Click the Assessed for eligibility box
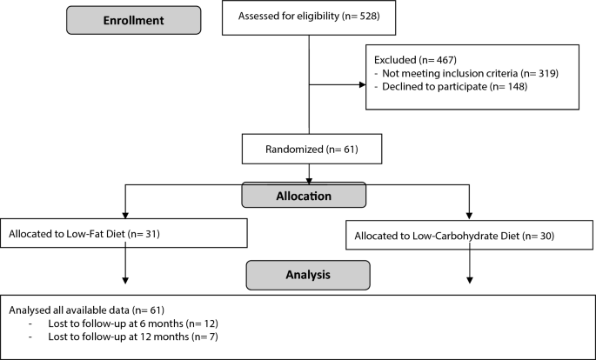309,17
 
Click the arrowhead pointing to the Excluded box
361,85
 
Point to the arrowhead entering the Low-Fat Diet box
127,213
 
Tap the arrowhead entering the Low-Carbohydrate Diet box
471,215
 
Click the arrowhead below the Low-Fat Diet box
127,279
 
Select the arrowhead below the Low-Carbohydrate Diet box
471,279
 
